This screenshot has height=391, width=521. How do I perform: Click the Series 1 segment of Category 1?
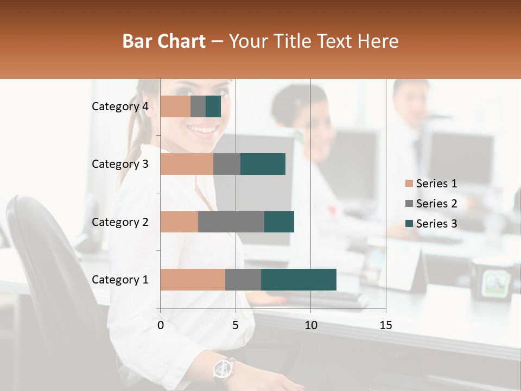[193, 279]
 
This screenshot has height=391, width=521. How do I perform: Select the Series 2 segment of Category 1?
[243, 279]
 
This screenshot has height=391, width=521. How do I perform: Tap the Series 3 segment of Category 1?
[298, 279]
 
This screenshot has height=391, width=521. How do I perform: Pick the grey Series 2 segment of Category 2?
[231, 222]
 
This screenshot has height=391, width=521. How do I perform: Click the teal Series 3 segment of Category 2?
[279, 222]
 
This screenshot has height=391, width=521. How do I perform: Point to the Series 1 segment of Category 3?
[187, 164]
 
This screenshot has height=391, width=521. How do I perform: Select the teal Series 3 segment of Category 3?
[263, 164]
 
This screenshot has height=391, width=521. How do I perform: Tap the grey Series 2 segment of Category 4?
[198, 106]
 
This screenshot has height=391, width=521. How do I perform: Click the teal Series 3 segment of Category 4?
[213, 106]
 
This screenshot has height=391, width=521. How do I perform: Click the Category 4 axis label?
[120, 106]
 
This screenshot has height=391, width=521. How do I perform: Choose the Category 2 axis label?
[120, 222]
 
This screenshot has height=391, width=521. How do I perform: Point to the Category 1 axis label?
[120, 280]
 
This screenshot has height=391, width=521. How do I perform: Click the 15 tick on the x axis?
[385, 325]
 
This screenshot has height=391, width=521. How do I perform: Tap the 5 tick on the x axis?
[236, 325]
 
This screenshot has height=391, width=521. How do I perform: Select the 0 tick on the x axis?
[161, 325]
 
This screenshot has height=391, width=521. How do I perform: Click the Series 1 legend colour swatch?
[409, 184]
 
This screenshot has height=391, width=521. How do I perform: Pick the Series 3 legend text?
[436, 224]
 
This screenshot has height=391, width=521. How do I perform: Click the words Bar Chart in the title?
[164, 41]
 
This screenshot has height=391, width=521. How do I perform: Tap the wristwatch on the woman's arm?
[223, 369]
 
